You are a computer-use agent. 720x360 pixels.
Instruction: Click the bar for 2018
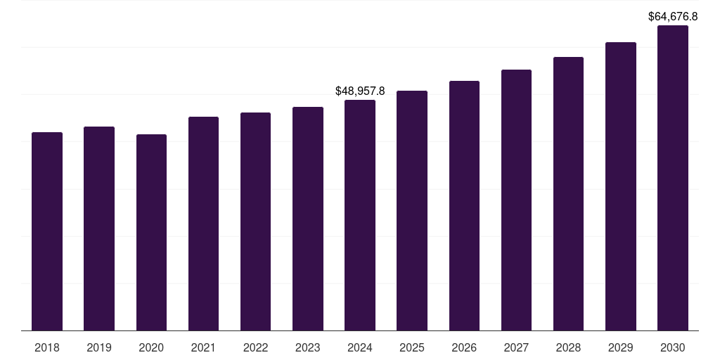coord(47,231)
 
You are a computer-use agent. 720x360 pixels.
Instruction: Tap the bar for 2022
coord(255,221)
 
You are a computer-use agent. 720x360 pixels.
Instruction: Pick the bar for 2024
coord(360,215)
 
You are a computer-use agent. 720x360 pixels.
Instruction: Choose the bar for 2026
coord(464,205)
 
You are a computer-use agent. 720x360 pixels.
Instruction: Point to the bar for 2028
coord(568,193)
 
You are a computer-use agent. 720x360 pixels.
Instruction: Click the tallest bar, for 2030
coord(673,178)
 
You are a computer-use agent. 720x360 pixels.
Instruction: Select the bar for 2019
coord(99,229)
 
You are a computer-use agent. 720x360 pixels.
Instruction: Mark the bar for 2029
coord(621,186)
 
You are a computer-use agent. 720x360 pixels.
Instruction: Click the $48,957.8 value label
coord(360,91)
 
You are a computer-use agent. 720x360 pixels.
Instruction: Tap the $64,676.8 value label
coord(673,16)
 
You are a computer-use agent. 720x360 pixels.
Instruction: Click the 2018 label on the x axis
coord(47,347)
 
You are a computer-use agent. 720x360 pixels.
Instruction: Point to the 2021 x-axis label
coord(203,347)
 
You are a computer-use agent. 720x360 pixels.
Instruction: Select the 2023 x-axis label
coord(308,347)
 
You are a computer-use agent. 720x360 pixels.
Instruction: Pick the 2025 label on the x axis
coord(412,347)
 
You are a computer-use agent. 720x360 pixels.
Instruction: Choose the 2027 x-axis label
coord(516,347)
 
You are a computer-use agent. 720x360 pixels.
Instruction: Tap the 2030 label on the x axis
coord(673,347)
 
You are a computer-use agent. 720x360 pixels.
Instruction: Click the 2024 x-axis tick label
coord(360,347)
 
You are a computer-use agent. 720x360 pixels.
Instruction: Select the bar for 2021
coord(203,224)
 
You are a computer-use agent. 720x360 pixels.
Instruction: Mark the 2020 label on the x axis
coord(151,347)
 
